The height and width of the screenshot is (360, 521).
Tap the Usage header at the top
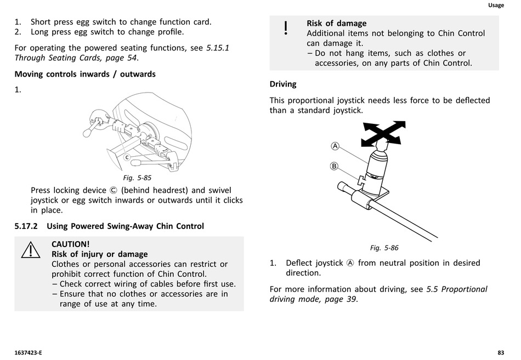pyautogui.click(x=496, y=5)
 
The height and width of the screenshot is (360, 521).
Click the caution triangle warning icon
pyautogui.click(x=31, y=250)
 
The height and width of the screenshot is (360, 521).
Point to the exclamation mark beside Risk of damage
pyautogui.click(x=285, y=28)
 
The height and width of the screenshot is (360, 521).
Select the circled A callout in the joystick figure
pyautogui.click(x=335, y=146)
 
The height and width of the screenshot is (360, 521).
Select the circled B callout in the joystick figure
pyautogui.click(x=334, y=166)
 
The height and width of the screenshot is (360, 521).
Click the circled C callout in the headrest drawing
pyautogui.click(x=127, y=158)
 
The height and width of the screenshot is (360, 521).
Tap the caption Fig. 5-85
pyautogui.click(x=137, y=178)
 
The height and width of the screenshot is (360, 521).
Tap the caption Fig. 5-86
pyautogui.click(x=384, y=248)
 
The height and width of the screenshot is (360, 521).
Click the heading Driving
pyautogui.click(x=283, y=84)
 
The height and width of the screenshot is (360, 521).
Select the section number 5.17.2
pyautogui.click(x=26, y=226)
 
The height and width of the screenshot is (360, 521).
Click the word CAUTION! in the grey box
pyautogui.click(x=70, y=244)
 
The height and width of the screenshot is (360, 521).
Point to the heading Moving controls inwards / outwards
pyautogui.click(x=85, y=74)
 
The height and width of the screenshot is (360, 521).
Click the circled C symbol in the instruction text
pyautogui.click(x=114, y=191)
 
